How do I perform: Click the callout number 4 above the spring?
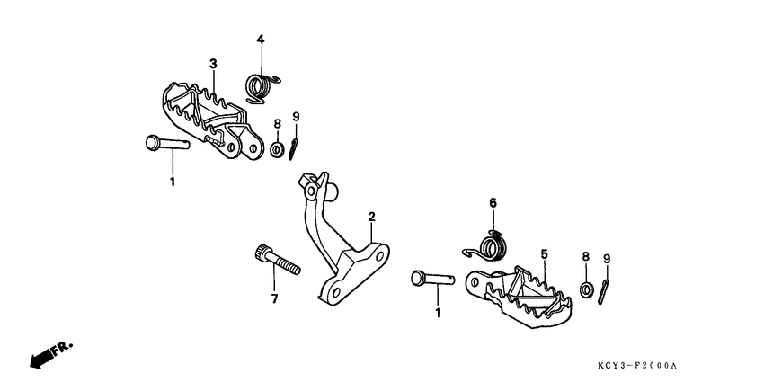pos(261,40)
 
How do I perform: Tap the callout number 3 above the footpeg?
pos(213,64)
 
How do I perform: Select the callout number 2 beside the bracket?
pos(372,217)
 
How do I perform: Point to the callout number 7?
pos(274,298)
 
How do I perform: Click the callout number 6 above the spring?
pos(493,203)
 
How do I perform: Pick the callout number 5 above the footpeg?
pos(545,253)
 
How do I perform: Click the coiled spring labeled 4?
pos(262,88)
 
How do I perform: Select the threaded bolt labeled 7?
pos(277,261)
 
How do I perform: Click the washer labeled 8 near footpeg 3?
pos(277,149)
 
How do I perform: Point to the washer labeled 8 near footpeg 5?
pos(586,289)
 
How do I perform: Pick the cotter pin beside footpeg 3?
pos(293,148)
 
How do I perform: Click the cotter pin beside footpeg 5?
pos(604,292)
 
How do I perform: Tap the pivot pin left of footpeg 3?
pos(167,143)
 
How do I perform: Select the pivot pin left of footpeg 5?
pos(432,279)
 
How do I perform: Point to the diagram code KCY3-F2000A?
pos(637,365)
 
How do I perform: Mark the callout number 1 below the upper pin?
pos(172,182)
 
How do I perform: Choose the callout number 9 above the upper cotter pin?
pos(296,117)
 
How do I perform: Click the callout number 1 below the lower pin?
pos(438,313)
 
